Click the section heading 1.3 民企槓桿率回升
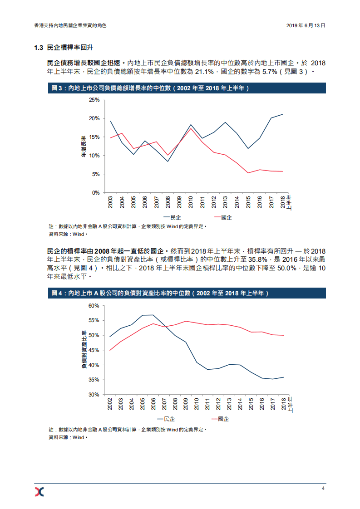pos(64,48)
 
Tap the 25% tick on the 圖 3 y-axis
pos(94,100)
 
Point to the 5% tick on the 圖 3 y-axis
pos(95,174)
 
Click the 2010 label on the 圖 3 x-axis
pos(191,202)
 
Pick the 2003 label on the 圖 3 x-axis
pos(111,202)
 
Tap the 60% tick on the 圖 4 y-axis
pos(94,306)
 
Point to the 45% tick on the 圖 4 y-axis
pos(94,350)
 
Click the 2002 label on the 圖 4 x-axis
pos(110,404)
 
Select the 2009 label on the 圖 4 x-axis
pos(186,404)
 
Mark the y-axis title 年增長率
pos(84,146)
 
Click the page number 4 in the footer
pos(323,488)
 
